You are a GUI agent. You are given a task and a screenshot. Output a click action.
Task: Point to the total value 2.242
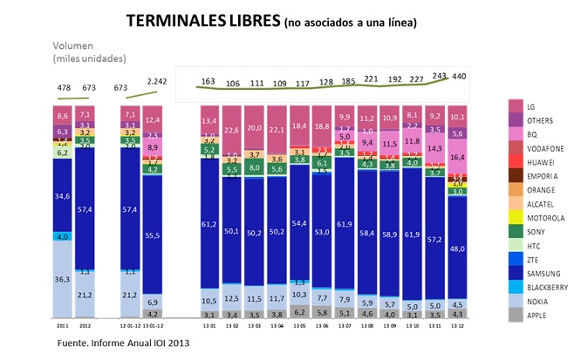click(x=156, y=82)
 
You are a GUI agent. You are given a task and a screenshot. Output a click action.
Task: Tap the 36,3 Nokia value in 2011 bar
click(x=61, y=280)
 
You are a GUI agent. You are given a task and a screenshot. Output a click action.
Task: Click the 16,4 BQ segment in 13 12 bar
click(x=458, y=157)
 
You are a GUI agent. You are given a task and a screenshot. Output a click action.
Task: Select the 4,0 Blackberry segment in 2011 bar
click(x=61, y=236)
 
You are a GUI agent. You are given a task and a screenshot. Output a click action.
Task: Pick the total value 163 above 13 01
click(x=208, y=81)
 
